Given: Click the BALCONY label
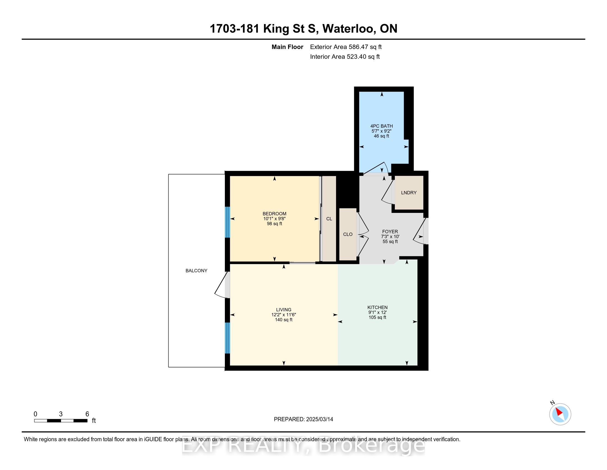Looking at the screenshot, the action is (196, 271).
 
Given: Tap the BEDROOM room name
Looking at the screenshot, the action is (274, 214).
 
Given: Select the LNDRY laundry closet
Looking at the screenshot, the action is (409, 192).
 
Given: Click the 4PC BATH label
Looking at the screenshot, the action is (382, 126).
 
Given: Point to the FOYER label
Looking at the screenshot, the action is (390, 232).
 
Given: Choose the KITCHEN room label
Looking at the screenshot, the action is (377, 307).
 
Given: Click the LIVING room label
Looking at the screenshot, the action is (283, 310).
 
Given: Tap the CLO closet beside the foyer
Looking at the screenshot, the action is (348, 234).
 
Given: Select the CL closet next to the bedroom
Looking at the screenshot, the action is (329, 219).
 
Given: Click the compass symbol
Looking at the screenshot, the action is (560, 414).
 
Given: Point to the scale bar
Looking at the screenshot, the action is (61, 421).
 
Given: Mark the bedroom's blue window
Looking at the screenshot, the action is (227, 222).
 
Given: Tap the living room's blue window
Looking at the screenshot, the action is (227, 338).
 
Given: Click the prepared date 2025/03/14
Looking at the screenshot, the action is (319, 419).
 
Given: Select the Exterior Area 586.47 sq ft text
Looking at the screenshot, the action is (346, 47).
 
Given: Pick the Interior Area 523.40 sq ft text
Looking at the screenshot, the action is (345, 57).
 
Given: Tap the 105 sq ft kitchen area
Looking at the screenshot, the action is (377, 317).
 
